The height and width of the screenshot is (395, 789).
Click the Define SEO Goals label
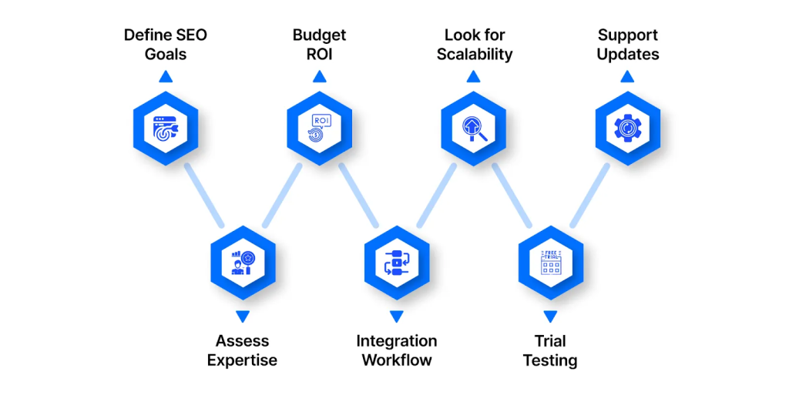point(166,45)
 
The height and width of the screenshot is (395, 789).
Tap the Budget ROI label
point(319,45)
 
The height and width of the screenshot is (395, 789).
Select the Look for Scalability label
point(474,45)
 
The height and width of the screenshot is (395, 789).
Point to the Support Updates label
point(628,45)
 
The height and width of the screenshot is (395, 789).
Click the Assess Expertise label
point(242,350)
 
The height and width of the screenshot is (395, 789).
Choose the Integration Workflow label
point(396,350)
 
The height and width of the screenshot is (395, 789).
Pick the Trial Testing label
point(550,350)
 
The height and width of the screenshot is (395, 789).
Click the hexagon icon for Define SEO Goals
point(166,127)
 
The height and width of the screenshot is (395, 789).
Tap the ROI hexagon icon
point(319,127)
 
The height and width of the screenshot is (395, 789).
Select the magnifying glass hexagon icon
point(474,127)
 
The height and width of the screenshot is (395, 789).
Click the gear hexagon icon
point(628,127)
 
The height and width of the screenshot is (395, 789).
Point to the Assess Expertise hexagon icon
point(242,263)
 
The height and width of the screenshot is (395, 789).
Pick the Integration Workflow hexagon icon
point(396,263)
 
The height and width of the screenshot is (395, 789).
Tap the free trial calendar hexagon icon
point(550,263)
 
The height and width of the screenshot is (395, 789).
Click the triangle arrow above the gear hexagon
point(628,76)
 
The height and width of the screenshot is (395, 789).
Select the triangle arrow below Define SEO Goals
point(166,76)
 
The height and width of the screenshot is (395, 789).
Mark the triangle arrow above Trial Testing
point(550,316)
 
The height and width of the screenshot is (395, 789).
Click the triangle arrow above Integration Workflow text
point(396,316)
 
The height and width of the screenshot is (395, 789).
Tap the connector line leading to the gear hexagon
point(589,196)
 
